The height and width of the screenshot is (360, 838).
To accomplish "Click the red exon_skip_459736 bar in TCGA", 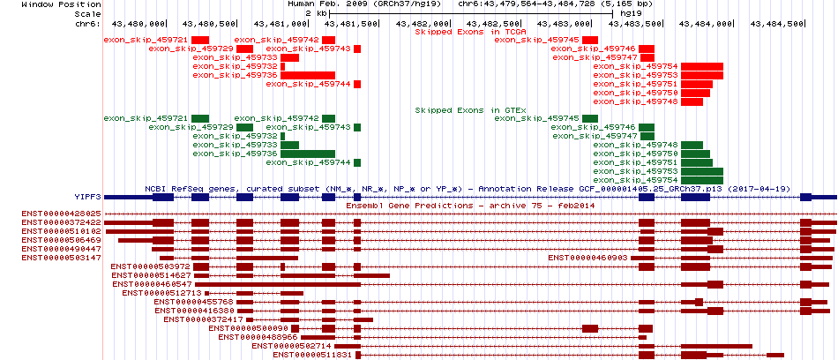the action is (x=308, y=75).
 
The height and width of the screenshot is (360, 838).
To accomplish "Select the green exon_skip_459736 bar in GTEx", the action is (x=308, y=154).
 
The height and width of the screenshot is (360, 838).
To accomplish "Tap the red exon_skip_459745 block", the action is (x=590, y=40).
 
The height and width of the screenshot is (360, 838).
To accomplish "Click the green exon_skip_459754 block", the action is (x=702, y=180).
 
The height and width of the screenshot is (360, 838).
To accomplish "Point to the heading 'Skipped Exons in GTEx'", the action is (x=471, y=110).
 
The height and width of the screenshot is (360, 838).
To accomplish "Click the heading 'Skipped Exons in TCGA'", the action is (x=471, y=32).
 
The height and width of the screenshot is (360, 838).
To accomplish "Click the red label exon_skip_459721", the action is (x=146, y=40).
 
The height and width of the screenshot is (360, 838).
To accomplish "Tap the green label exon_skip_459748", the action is (x=635, y=145).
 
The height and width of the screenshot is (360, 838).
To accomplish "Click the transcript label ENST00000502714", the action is (x=291, y=346).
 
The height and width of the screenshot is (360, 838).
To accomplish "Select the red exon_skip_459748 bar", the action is (x=692, y=101).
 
